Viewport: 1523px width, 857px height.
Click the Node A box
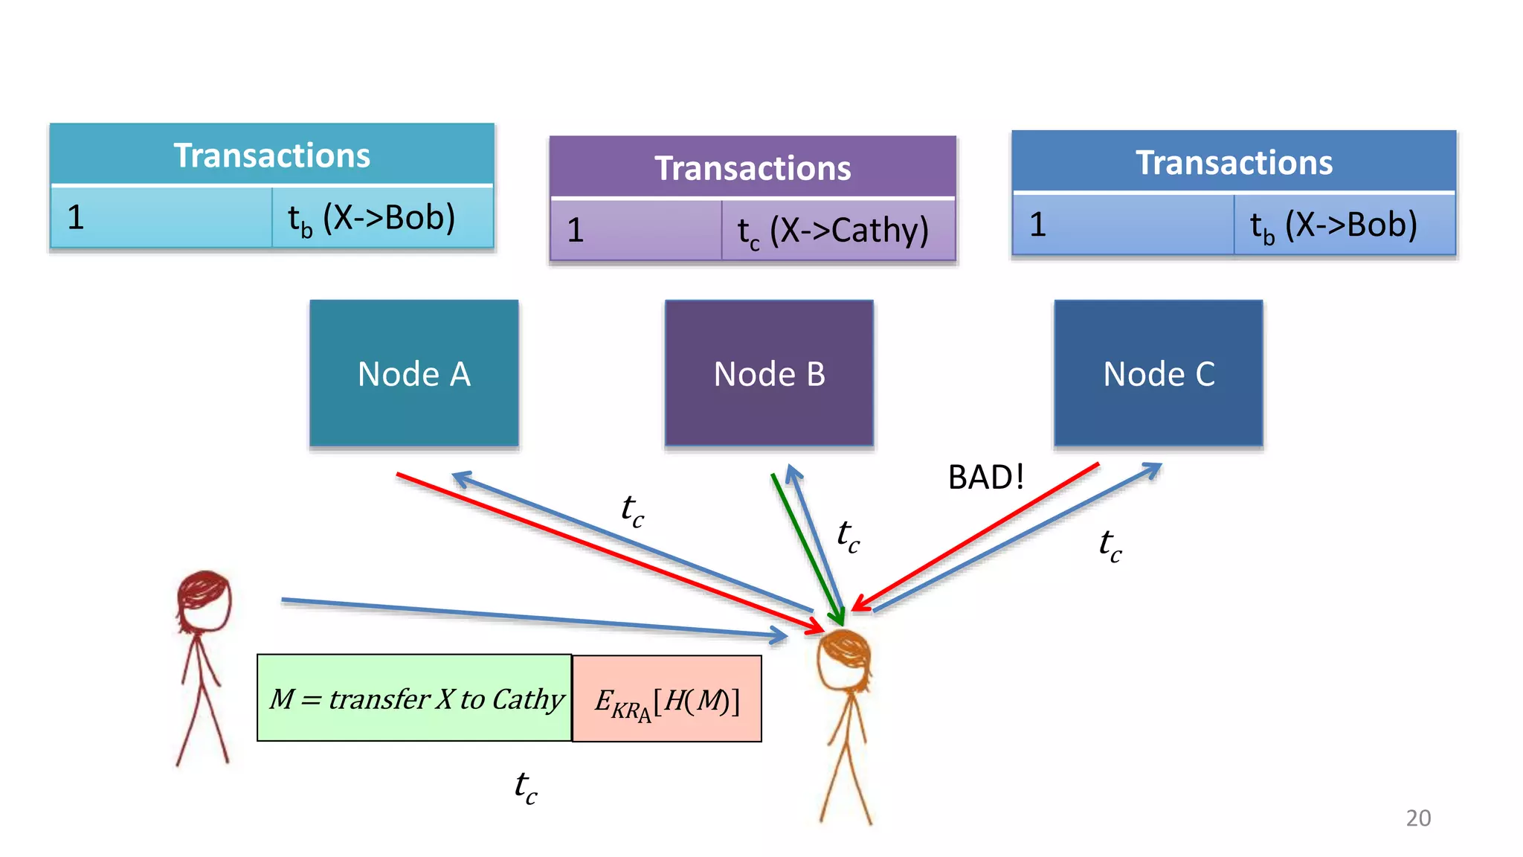[413, 373]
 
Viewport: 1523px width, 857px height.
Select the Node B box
[769, 373]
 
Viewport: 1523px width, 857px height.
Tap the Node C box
[1158, 373]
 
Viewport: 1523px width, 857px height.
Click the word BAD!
[985, 477]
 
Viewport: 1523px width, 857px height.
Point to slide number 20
[1417, 818]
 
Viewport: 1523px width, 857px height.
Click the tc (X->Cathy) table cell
[837, 231]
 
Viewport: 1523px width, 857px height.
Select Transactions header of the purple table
[753, 168]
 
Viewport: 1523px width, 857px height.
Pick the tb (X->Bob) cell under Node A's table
[381, 218]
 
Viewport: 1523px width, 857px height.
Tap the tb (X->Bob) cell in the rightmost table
[1344, 225]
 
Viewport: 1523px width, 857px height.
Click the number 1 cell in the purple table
[636, 231]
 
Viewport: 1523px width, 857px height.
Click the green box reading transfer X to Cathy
[414, 698]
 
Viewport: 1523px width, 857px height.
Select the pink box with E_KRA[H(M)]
[667, 699]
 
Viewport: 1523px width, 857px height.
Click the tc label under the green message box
[526, 787]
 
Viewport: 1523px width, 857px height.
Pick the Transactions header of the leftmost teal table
[271, 155]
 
